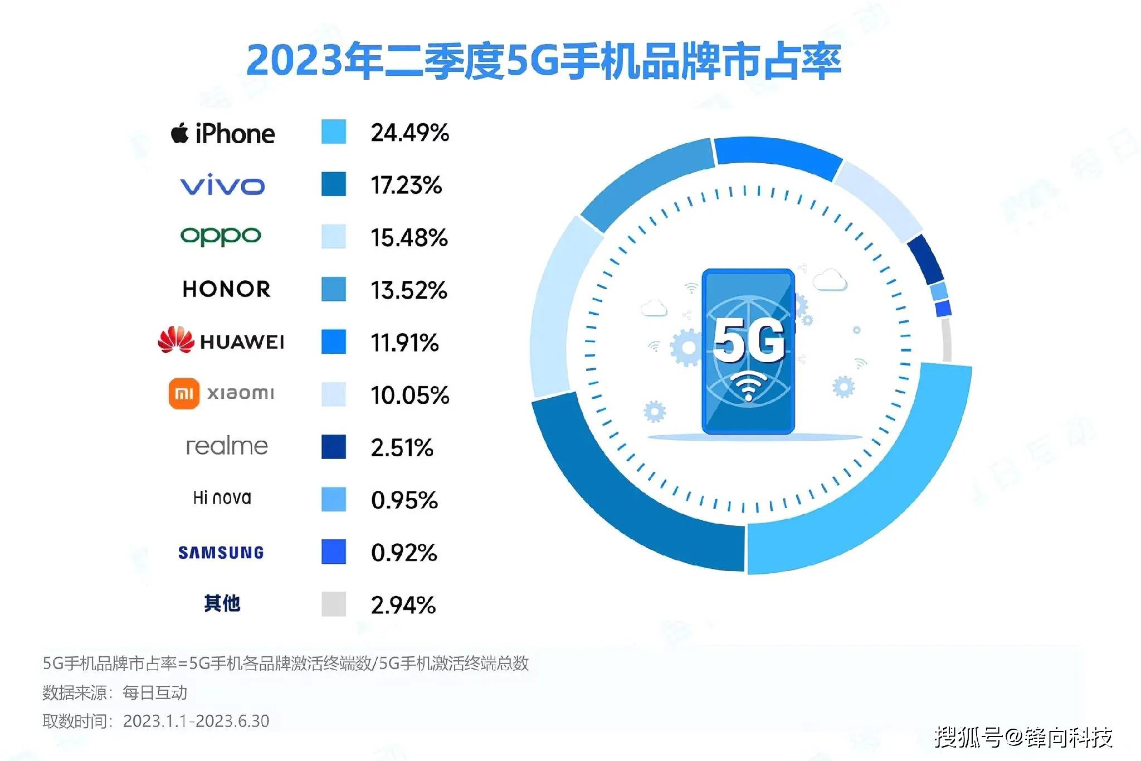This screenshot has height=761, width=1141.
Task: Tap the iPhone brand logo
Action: click(x=223, y=134)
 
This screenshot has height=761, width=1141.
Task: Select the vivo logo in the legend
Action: click(x=222, y=186)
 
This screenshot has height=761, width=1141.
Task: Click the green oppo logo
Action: click(x=221, y=236)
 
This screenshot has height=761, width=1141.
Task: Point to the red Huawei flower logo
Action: click(x=175, y=340)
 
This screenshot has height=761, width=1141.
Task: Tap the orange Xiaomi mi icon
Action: click(x=184, y=393)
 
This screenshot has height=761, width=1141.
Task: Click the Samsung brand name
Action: click(x=221, y=553)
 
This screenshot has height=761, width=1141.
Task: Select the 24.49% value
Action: click(x=409, y=133)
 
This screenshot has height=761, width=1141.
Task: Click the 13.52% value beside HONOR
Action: click(x=409, y=290)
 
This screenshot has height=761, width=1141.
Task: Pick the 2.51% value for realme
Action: click(x=402, y=448)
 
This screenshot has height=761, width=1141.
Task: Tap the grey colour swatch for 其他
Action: click(x=333, y=604)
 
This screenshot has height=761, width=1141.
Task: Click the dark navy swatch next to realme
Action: click(x=333, y=447)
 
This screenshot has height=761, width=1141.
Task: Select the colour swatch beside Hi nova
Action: click(x=333, y=499)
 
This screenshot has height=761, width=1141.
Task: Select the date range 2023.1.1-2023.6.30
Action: click(x=196, y=721)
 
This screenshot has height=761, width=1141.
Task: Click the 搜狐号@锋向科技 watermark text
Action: click(x=1023, y=736)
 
